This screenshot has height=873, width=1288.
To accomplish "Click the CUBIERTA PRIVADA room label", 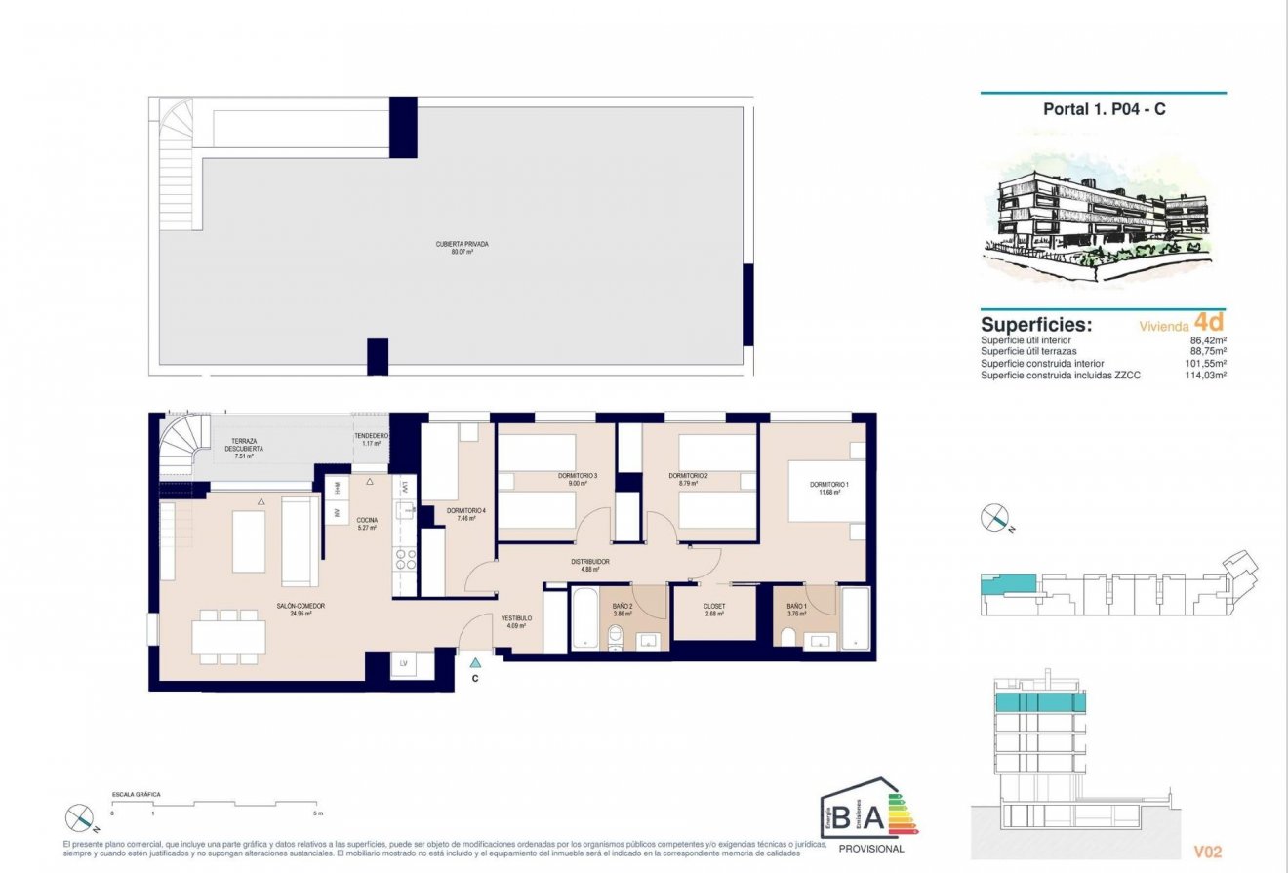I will tap(462, 244).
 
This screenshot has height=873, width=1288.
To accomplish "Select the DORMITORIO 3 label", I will tap(578, 476).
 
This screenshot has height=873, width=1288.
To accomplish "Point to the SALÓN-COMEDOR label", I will tap(301, 606).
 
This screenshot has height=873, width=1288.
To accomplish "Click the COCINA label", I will tap(367, 520).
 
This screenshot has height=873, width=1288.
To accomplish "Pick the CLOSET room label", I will tap(714, 606).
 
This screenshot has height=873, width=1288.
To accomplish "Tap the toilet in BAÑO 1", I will tap(788, 637).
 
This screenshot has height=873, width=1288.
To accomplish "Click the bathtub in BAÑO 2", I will tap(584, 617).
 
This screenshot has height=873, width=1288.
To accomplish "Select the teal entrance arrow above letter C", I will tap(475, 662).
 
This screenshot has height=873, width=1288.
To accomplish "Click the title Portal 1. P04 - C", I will tap(1104, 109).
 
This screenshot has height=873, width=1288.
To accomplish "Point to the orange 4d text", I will tap(1208, 320).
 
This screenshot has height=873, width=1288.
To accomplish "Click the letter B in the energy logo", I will tap(841, 816).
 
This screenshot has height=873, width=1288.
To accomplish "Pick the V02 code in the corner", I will tap(1208, 852).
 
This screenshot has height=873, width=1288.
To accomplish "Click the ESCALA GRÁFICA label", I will tap(137, 795).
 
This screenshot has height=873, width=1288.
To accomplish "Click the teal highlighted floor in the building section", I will tap(1040, 703).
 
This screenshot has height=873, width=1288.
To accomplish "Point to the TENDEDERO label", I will tap(371, 436).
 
